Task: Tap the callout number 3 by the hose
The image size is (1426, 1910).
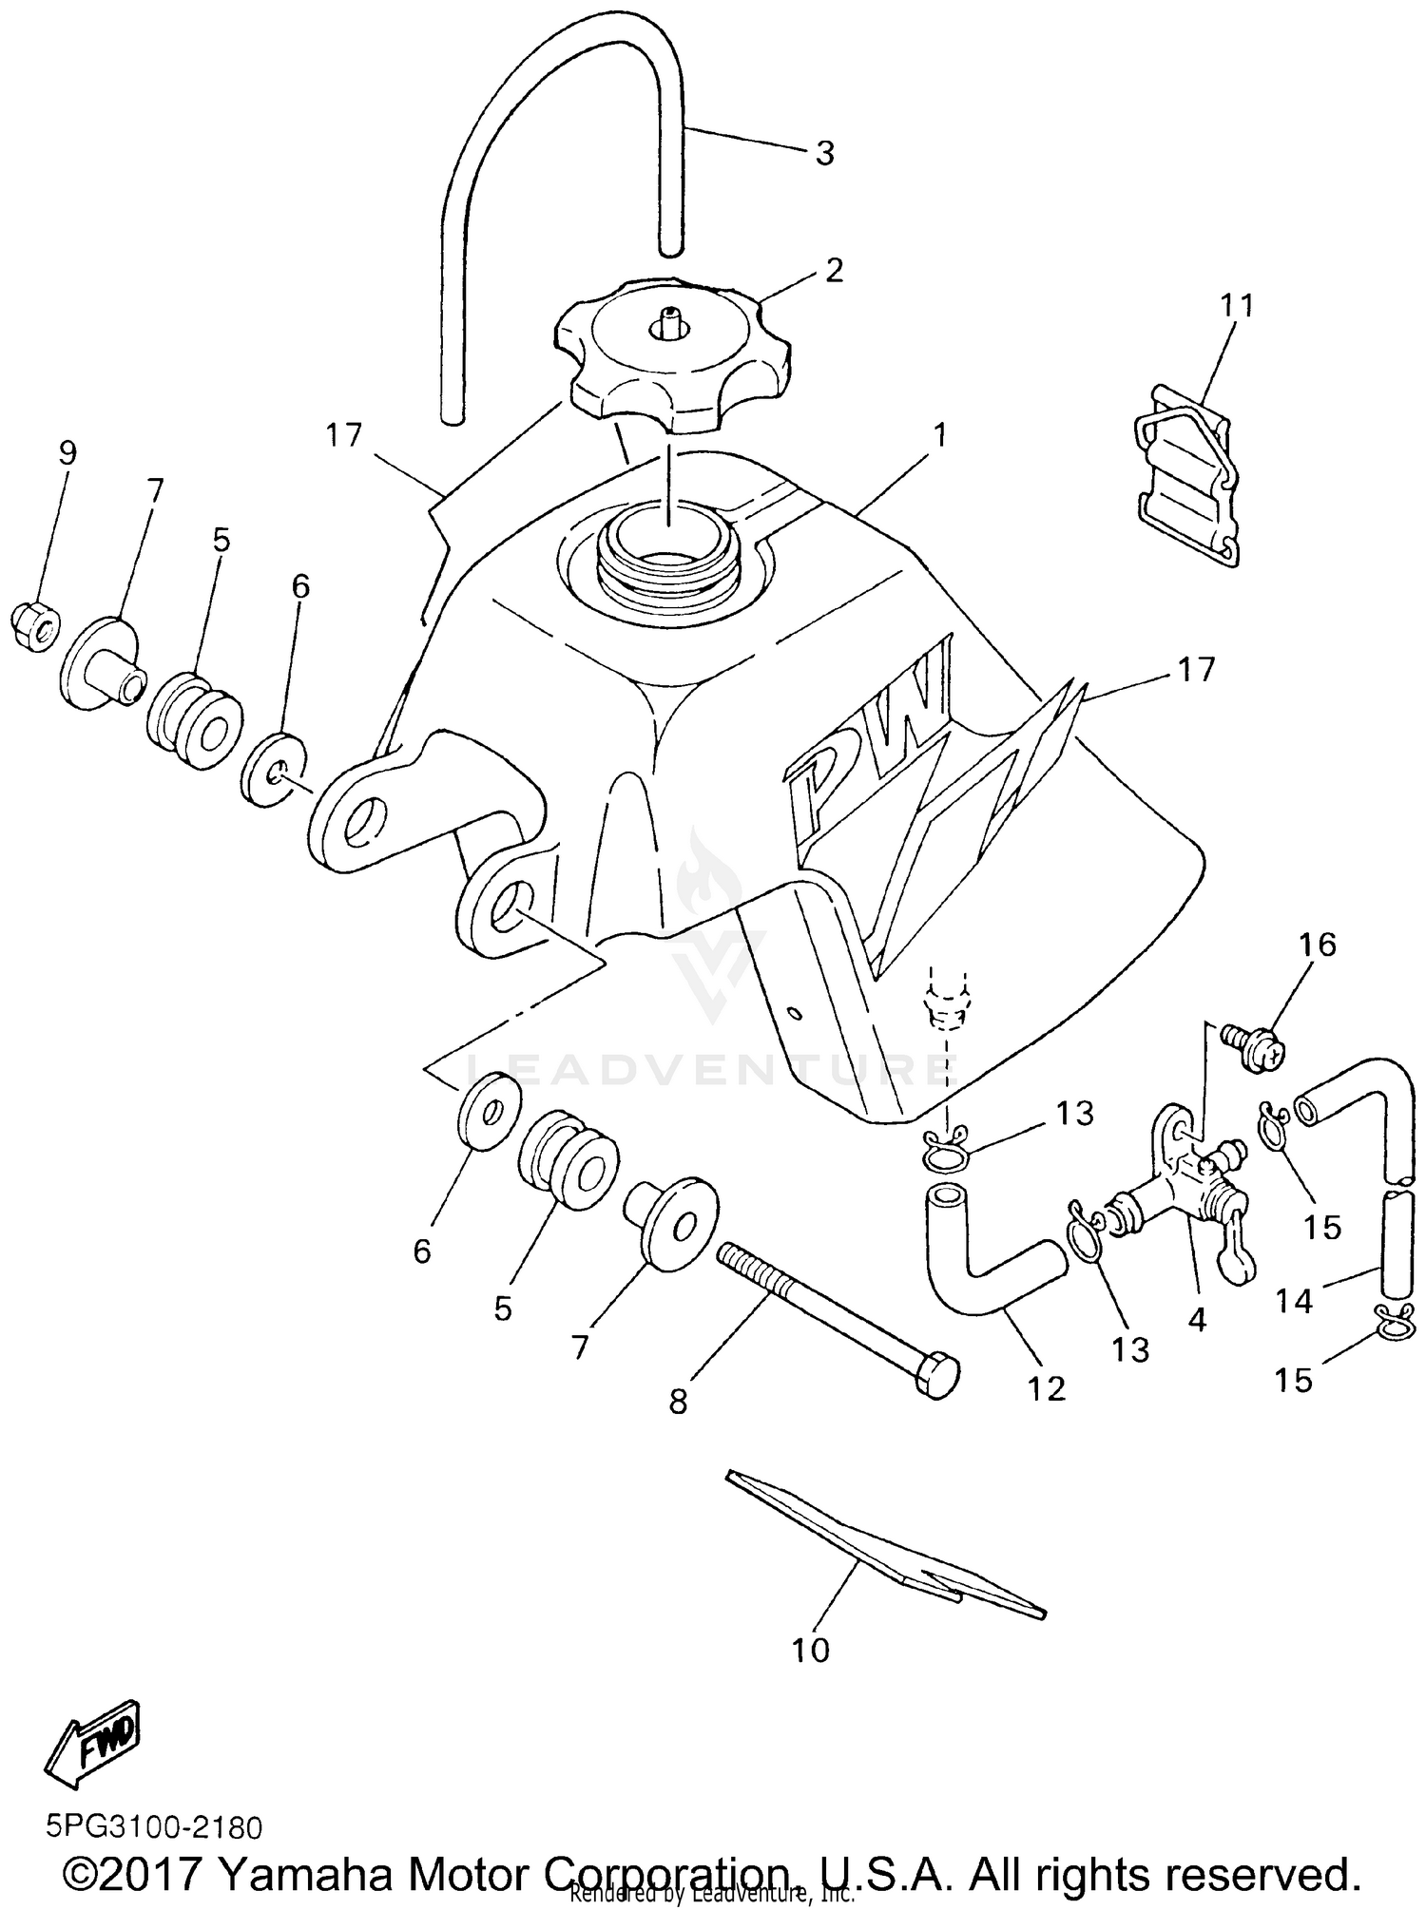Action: point(824,152)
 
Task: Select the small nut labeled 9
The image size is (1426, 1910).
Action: point(35,628)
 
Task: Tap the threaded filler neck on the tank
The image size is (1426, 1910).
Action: point(665,561)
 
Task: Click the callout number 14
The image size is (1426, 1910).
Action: point(1294,1300)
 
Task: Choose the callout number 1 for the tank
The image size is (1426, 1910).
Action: point(939,435)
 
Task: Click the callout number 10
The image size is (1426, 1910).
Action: point(810,1651)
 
